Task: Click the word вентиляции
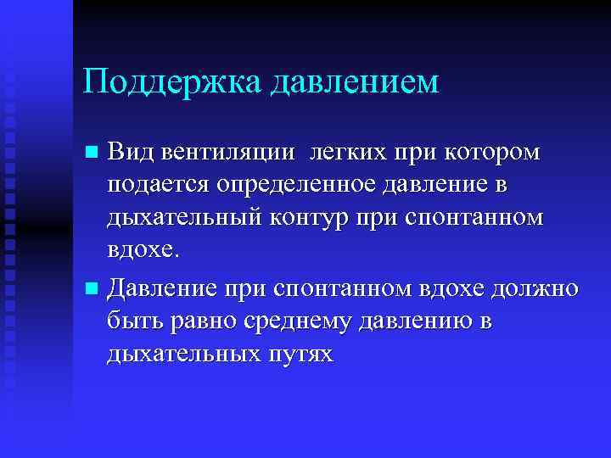click(227, 152)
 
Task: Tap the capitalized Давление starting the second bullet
click(162, 288)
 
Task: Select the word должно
click(538, 288)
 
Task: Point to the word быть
click(132, 321)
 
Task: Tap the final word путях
click(297, 355)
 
